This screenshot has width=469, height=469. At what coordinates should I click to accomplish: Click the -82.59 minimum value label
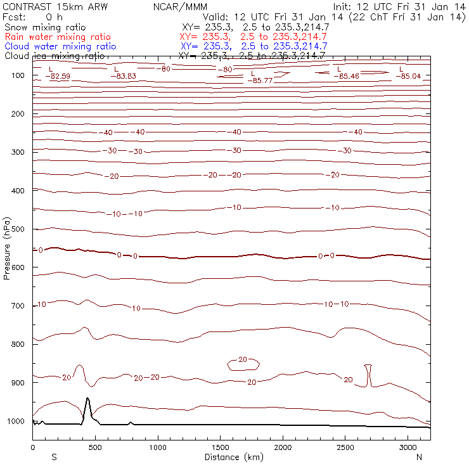(x=58, y=77)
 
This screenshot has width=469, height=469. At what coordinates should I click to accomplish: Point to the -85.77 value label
(x=260, y=80)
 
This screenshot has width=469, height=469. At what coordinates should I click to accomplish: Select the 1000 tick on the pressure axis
(x=16, y=421)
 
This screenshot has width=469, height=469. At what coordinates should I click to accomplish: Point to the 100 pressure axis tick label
(x=18, y=75)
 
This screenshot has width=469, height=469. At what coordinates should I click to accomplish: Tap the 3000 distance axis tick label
(x=408, y=447)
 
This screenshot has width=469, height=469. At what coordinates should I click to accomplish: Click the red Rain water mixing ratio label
(x=57, y=37)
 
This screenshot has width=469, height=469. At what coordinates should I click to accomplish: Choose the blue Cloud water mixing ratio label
(x=60, y=46)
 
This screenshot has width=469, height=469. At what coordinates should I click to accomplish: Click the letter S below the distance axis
(x=54, y=456)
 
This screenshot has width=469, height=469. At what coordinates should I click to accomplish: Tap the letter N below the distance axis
(x=419, y=456)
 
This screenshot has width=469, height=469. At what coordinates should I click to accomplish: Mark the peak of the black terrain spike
(x=87, y=399)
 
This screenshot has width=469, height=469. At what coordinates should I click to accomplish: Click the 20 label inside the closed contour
(x=243, y=359)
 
